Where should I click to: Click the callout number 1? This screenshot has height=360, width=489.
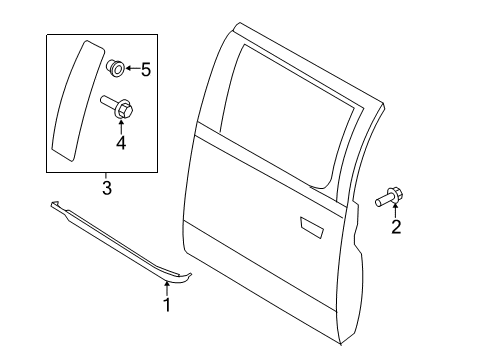(x=167, y=305)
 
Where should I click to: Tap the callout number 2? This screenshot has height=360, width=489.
(x=396, y=227)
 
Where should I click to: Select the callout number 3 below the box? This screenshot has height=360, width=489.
(x=107, y=188)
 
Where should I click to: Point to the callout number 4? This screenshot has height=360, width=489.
(x=121, y=143)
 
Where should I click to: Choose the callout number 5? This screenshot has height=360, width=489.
(x=146, y=70)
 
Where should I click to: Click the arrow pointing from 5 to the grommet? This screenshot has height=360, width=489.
(x=132, y=69)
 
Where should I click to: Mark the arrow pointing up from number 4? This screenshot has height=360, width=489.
(x=121, y=127)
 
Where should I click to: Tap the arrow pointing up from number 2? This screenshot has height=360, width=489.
(x=396, y=210)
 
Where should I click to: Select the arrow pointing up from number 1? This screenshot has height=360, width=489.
(x=167, y=289)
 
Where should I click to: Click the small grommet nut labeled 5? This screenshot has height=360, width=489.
(x=116, y=68)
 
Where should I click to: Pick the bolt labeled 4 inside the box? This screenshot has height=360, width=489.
(x=117, y=106)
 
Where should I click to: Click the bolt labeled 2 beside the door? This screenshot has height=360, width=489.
(x=389, y=197)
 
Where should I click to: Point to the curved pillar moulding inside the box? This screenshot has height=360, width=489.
(x=78, y=101)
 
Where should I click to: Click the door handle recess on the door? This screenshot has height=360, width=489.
(x=312, y=228)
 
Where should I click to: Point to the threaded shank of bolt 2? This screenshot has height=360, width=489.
(x=382, y=200)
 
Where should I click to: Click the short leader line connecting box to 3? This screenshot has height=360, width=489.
(x=105, y=175)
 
